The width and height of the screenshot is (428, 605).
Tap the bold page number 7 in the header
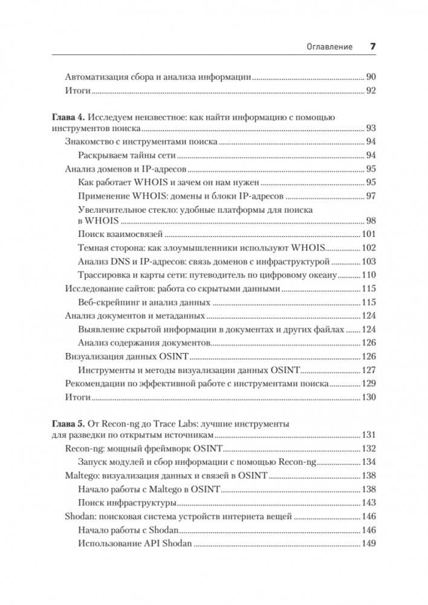point(373,46)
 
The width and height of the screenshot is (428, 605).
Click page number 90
point(371,77)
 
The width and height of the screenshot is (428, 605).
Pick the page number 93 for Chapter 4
point(371,128)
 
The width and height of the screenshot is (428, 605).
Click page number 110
point(369,274)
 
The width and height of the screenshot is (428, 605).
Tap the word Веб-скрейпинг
point(109,302)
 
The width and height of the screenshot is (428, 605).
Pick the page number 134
point(369,462)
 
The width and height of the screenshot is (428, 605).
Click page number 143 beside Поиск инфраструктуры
point(369,502)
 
